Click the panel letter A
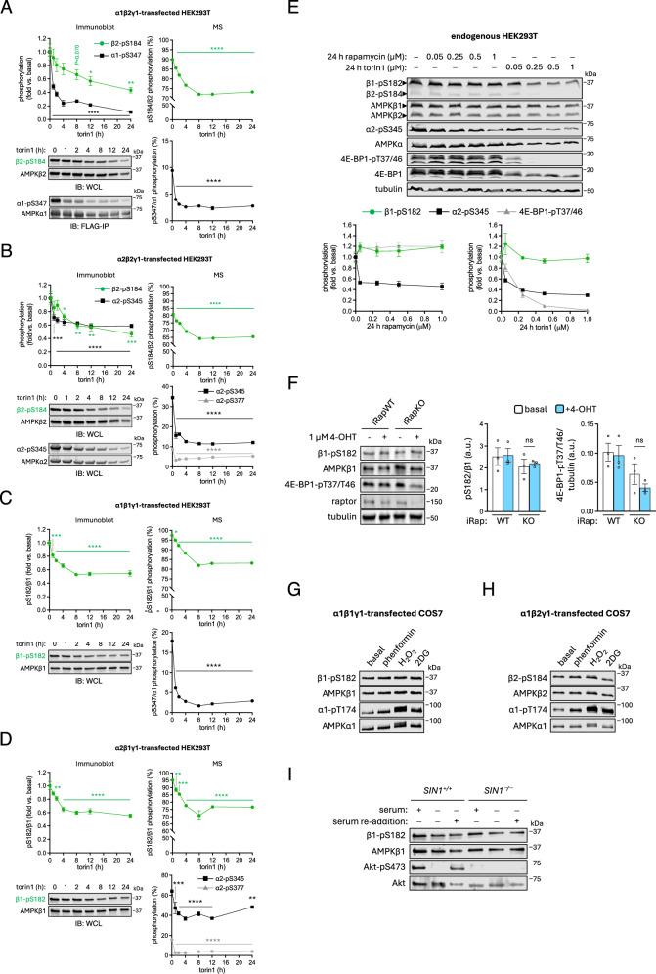click(x=8, y=8)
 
